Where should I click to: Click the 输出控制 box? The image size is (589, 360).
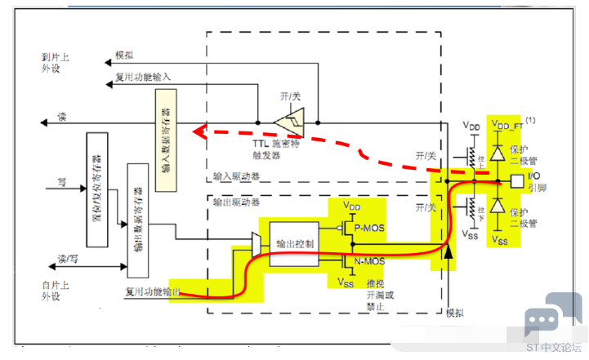(x=292, y=242)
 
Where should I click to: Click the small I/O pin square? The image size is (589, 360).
(x=515, y=180)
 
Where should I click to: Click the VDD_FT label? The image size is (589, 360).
(x=508, y=125)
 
